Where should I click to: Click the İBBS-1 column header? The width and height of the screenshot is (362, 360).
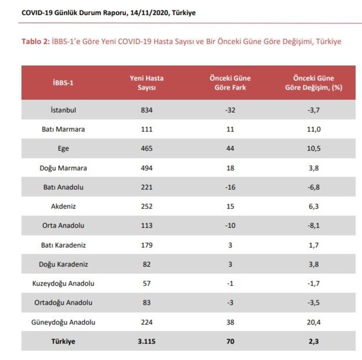[x=63, y=83]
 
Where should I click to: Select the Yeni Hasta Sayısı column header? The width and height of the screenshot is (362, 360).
[x=147, y=83]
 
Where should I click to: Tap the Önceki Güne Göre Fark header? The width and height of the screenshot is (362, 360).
[x=230, y=83]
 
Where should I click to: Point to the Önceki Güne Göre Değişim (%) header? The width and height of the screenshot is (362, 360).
[x=314, y=83]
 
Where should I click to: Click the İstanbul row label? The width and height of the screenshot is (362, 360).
[x=63, y=110]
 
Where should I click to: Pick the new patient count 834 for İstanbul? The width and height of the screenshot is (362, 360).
[x=147, y=110]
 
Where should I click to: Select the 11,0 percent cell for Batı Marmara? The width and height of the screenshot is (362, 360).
[x=314, y=129]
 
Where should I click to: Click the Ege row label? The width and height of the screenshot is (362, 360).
[x=63, y=149]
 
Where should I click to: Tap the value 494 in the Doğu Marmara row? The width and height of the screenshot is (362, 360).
[x=147, y=168]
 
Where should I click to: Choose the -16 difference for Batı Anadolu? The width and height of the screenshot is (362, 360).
[x=230, y=187]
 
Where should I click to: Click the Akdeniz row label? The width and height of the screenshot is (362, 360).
[x=63, y=207]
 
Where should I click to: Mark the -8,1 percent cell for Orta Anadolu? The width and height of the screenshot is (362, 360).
[x=314, y=226]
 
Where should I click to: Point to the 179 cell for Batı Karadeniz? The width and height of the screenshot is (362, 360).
[x=147, y=245]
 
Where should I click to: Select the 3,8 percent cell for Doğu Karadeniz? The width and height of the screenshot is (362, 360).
[x=314, y=264]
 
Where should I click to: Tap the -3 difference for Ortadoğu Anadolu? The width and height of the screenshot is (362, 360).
[x=230, y=303]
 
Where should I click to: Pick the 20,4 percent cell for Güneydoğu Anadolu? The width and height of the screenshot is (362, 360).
[x=314, y=322]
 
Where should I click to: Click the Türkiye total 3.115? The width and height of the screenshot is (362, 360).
[x=147, y=342]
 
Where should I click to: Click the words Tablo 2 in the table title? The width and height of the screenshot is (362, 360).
[x=35, y=42]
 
